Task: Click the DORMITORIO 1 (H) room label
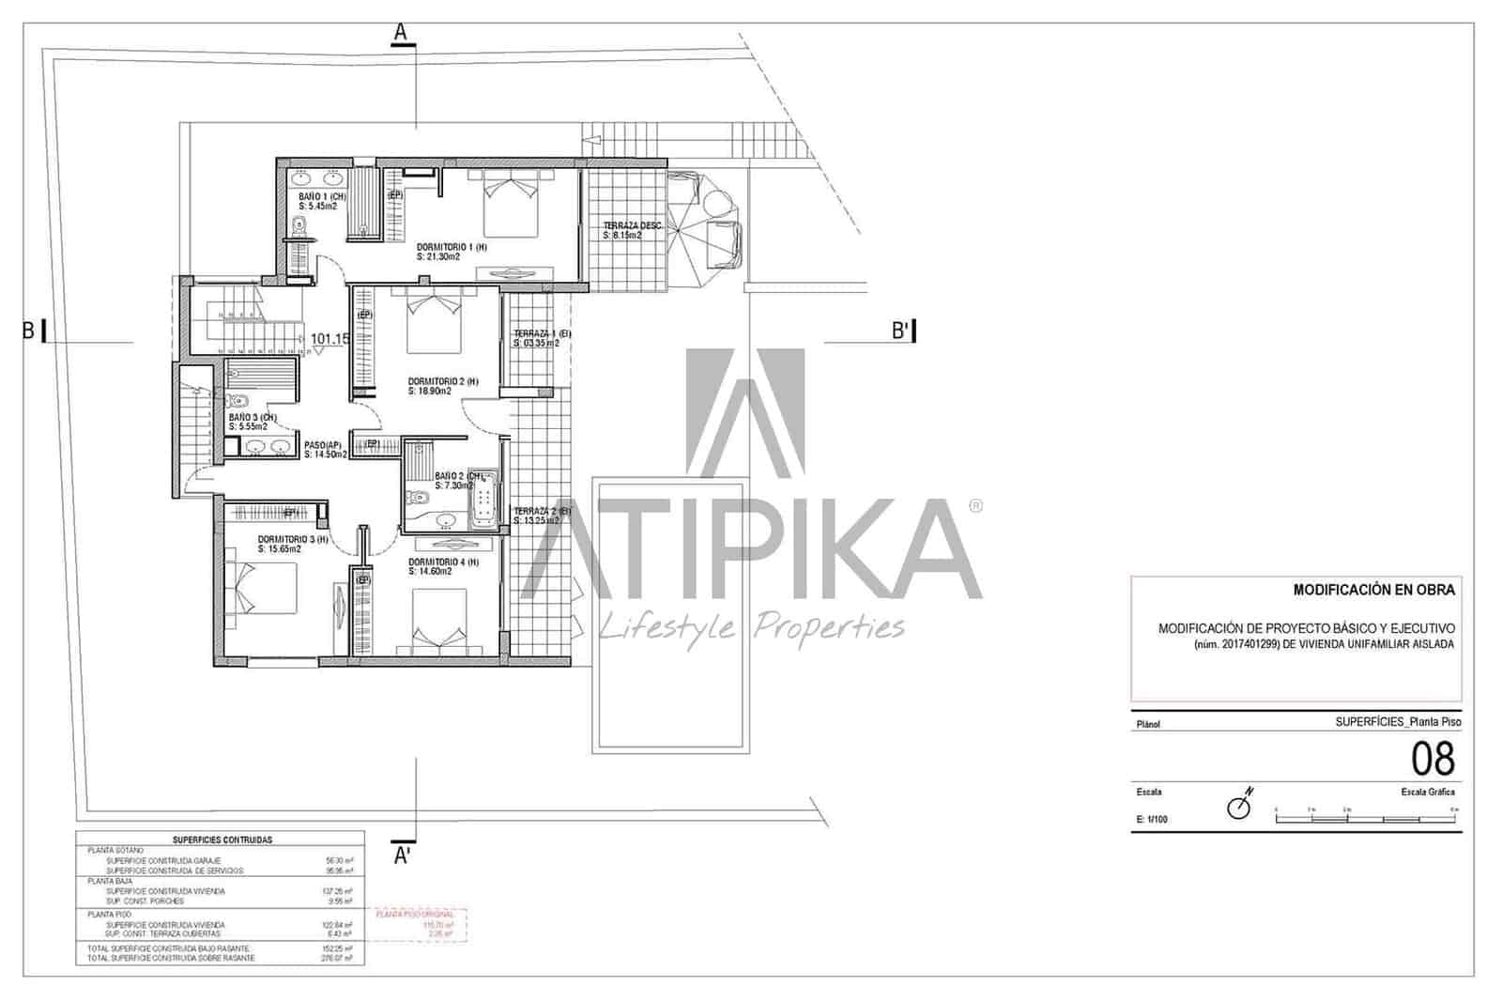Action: click(x=452, y=247)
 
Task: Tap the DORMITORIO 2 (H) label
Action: click(x=442, y=382)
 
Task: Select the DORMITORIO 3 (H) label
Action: click(x=293, y=539)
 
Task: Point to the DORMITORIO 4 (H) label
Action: click(x=442, y=562)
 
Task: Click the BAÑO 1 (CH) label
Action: click(x=322, y=196)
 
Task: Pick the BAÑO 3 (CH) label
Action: click(x=253, y=417)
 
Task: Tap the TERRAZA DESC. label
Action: click(x=632, y=225)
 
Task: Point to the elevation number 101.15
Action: click(x=330, y=339)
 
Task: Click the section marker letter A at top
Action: click(x=401, y=32)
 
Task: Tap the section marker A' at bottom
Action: click(x=402, y=855)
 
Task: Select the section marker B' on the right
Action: click(x=901, y=331)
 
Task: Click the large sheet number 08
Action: click(x=1433, y=759)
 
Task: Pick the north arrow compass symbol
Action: click(x=1241, y=806)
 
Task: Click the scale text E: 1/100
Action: click(x=1152, y=820)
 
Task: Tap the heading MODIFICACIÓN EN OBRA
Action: click(x=1373, y=590)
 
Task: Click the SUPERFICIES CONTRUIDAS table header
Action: click(x=222, y=839)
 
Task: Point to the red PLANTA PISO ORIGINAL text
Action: click(x=414, y=914)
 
